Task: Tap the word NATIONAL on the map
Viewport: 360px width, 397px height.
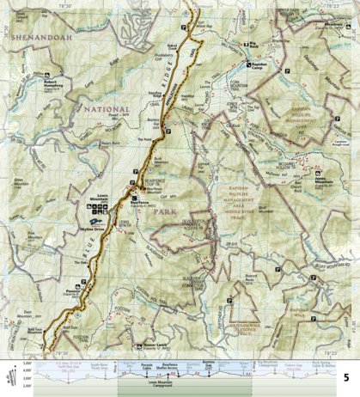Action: pyautogui.click(x=105, y=110)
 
